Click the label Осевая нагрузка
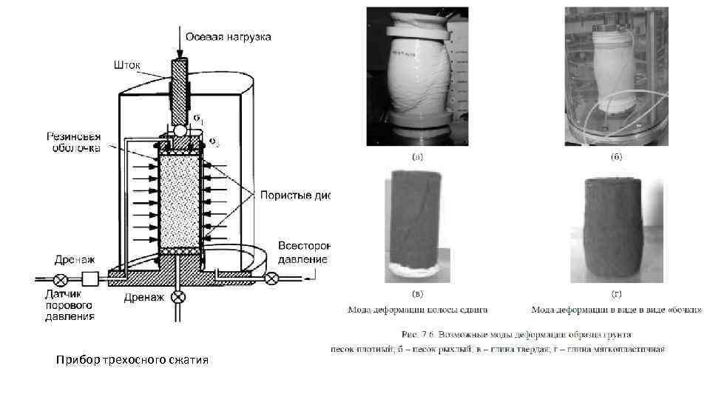tap(228, 36)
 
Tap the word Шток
tap(126, 64)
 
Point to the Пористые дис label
tap(293, 196)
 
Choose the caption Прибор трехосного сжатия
tap(132, 361)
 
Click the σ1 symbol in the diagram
tap(197, 119)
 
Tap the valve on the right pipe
tap(272, 279)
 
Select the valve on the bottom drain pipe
tap(177, 297)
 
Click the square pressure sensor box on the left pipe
tap(90, 280)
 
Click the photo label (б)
tap(615, 157)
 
